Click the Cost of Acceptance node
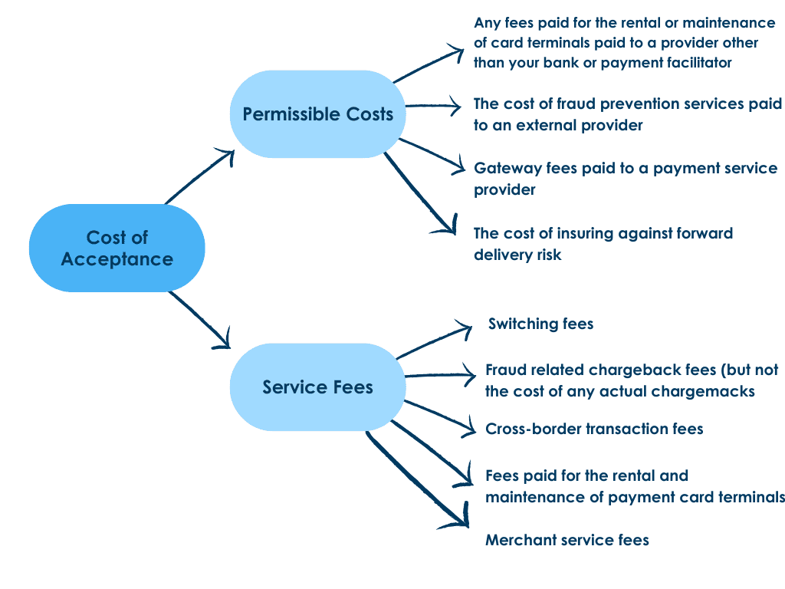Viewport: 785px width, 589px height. (x=117, y=248)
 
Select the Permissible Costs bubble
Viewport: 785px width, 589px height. (x=317, y=114)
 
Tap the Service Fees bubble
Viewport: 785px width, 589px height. (x=317, y=387)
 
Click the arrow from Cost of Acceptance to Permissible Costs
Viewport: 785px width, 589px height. (x=199, y=176)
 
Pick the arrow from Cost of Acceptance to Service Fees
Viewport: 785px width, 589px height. (x=199, y=319)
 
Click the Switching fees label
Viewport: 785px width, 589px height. (x=540, y=324)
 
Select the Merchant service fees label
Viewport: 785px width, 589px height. (x=567, y=540)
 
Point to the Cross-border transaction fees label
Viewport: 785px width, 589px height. (x=594, y=429)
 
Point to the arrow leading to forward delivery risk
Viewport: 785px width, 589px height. (x=419, y=192)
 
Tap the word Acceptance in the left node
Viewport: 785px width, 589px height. (x=117, y=259)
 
